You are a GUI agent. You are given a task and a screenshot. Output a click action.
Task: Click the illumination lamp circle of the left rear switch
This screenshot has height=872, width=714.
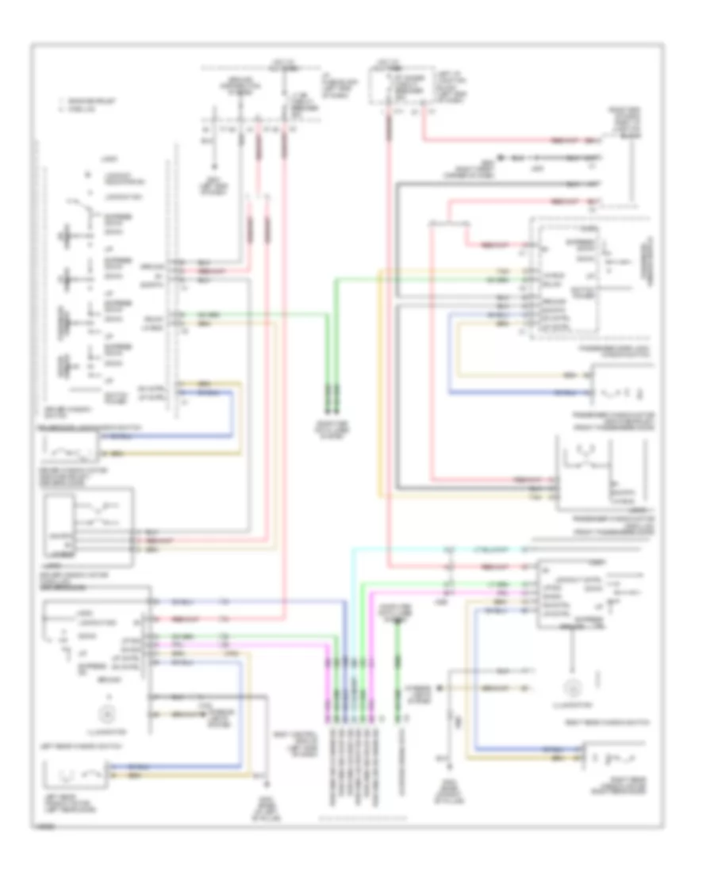pyautogui.click(x=102, y=713)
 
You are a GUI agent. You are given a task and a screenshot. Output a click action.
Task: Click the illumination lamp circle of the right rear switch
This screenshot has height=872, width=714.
pyautogui.click(x=571, y=687)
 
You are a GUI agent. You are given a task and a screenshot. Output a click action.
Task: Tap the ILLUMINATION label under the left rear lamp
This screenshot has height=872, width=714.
pyautogui.click(x=102, y=730)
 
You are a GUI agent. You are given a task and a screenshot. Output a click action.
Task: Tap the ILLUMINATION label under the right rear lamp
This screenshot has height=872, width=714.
pyautogui.click(x=571, y=703)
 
